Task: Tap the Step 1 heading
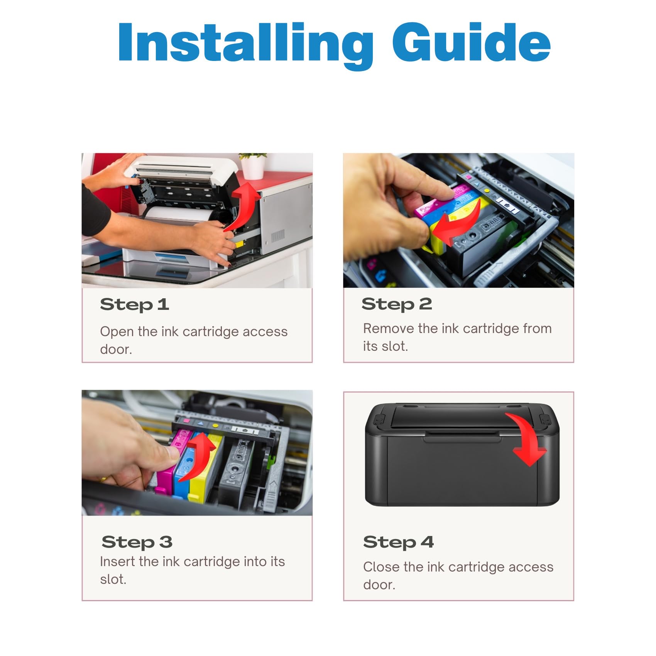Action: pyautogui.click(x=134, y=305)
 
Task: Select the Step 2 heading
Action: pyautogui.click(x=397, y=304)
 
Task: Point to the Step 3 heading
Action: pyautogui.click(x=137, y=542)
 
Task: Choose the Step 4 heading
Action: pyautogui.click(x=399, y=542)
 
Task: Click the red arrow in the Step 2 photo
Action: pyautogui.click(x=457, y=226)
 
